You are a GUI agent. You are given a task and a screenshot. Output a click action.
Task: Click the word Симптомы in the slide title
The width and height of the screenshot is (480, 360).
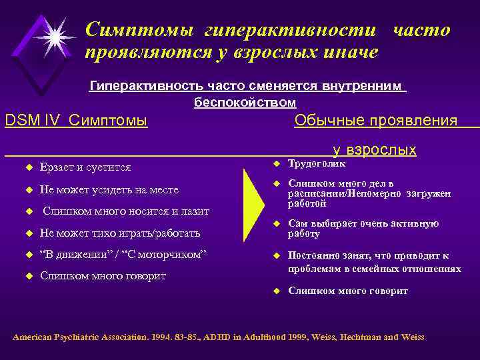(139, 29)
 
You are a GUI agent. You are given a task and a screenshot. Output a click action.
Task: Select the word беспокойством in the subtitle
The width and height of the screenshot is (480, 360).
(245, 103)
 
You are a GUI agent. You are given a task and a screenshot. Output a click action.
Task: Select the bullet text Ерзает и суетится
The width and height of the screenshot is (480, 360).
(85, 167)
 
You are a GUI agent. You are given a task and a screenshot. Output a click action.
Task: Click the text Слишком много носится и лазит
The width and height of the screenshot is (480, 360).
(126, 211)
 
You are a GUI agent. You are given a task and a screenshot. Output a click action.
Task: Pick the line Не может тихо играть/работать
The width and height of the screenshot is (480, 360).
(120, 233)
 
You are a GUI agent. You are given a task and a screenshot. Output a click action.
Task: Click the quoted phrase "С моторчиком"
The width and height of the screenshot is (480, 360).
(174, 255)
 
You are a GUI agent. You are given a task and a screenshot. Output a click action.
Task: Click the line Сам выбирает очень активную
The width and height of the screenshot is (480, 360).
(363, 223)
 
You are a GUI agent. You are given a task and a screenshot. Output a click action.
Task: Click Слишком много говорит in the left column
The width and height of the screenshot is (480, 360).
(103, 275)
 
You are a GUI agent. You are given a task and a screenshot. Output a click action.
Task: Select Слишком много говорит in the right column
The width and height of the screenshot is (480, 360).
(347, 291)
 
